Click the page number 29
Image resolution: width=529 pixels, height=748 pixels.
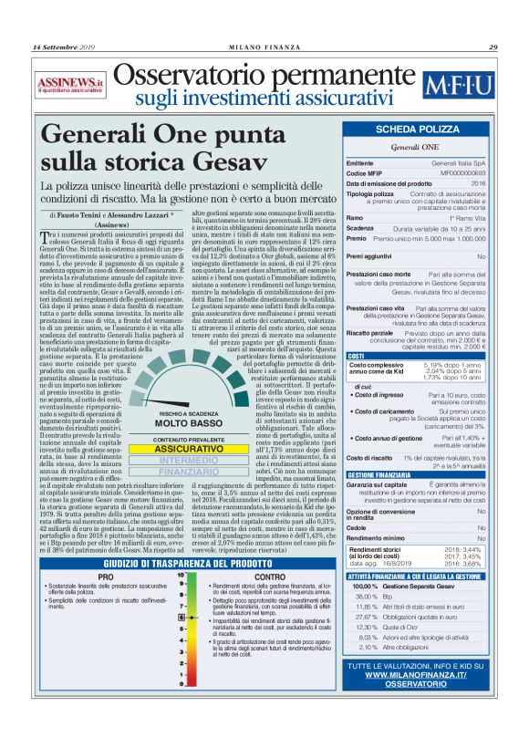point(493,47)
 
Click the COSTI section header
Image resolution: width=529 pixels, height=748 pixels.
point(358,356)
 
